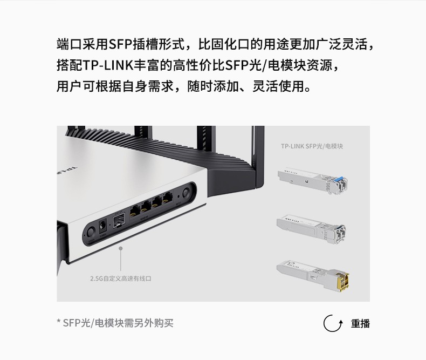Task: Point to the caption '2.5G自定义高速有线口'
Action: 121,279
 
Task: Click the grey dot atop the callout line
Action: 121,249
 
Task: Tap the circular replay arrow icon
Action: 333,323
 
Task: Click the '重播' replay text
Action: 360,324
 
